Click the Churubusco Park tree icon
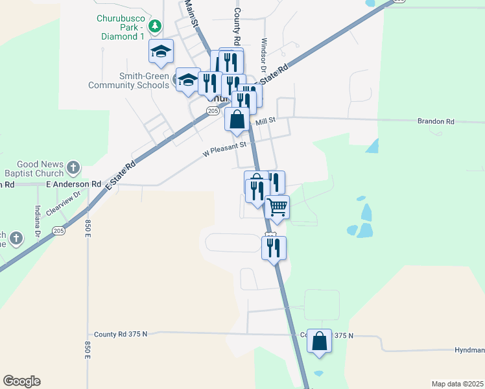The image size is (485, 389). pos(154,27)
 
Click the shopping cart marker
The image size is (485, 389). pos(277,208)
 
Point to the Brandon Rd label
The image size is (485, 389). pos(436,121)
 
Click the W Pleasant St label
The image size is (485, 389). pos(225,150)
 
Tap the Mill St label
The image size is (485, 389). pos(266,121)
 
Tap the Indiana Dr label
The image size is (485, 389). pos(38,221)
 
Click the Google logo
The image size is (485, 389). pos(21,381)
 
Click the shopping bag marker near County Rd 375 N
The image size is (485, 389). pos(320,341)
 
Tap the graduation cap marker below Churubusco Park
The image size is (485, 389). pos(161,51)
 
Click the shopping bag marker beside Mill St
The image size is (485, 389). pos(237,119)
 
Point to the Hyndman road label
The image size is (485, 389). pos(470,350)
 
